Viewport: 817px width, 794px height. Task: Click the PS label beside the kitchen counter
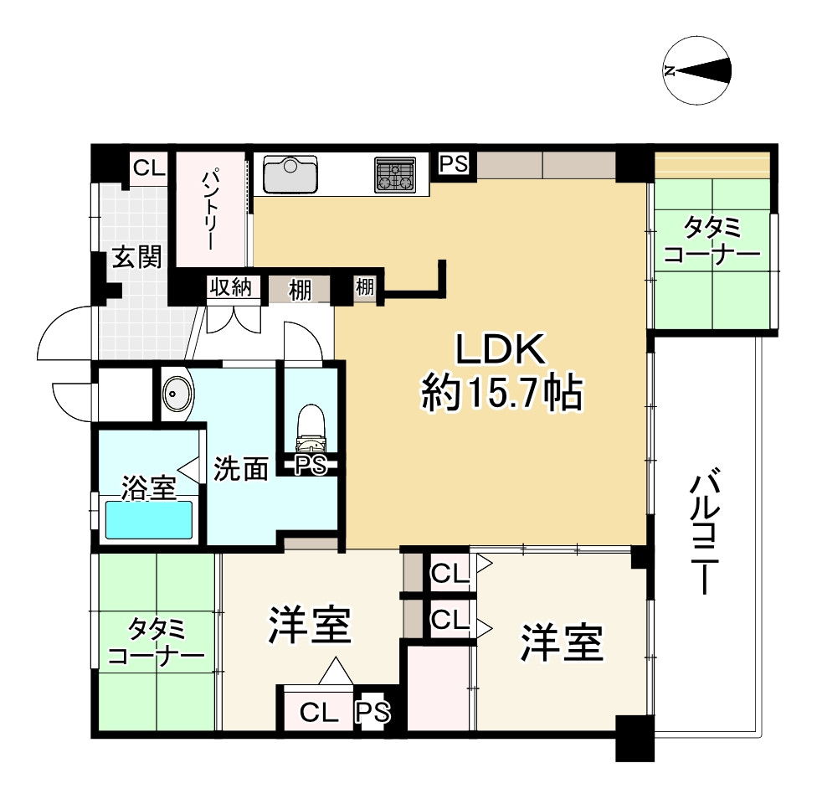(x=454, y=162)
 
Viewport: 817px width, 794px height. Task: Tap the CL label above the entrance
(x=150, y=168)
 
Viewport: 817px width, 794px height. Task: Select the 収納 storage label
(x=230, y=289)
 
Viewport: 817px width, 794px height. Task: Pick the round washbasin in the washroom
(x=176, y=394)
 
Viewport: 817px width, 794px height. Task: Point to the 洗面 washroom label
(x=239, y=470)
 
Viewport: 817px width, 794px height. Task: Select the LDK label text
(x=500, y=349)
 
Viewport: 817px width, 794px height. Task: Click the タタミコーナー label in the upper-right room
(x=710, y=240)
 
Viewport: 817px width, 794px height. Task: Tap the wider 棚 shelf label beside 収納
(x=299, y=290)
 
